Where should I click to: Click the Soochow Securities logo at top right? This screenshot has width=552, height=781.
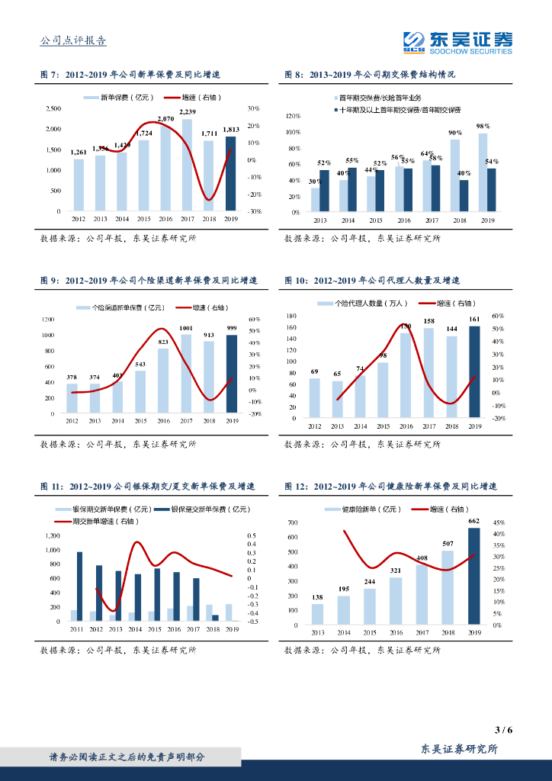(x=457, y=43)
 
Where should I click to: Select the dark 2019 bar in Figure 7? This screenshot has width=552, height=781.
(x=231, y=174)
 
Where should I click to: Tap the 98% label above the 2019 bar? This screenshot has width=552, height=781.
(x=483, y=126)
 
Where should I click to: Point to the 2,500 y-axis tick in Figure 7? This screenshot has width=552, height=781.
(x=54, y=108)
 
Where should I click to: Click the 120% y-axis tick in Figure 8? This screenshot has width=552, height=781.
(x=293, y=116)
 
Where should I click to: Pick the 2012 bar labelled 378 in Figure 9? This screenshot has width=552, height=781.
(x=72, y=398)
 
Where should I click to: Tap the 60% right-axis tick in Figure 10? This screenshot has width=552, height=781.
(x=498, y=316)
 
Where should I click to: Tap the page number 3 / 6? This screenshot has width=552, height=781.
(x=503, y=730)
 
